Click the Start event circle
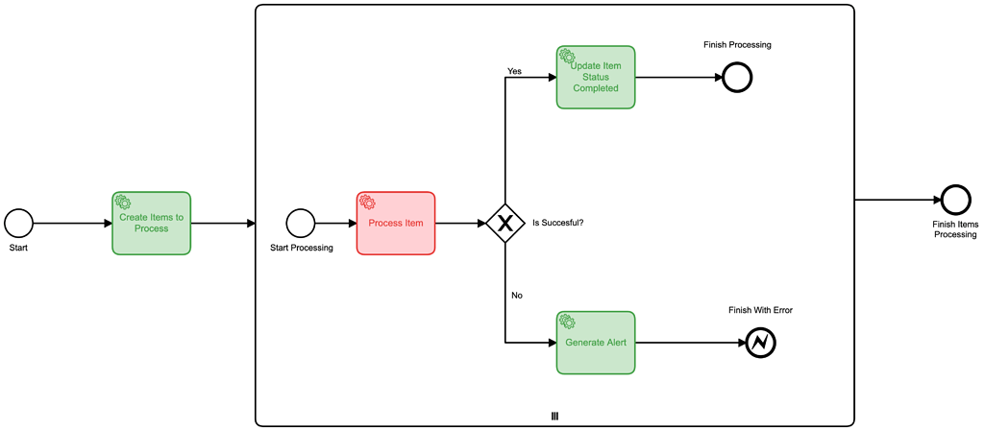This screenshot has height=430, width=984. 18,224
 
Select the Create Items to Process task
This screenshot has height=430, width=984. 151,224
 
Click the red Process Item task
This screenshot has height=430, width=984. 396,224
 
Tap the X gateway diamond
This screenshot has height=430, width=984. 504,224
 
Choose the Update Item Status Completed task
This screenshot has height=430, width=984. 596,78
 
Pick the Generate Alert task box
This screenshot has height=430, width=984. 596,343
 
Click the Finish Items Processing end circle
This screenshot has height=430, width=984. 955,200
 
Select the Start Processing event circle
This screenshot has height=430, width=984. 301,224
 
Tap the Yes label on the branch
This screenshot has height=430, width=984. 514,71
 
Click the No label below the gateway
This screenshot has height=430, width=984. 516,295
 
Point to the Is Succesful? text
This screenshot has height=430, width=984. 557,223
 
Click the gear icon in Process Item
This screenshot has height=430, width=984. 366,203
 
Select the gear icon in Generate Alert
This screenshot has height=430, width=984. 567,322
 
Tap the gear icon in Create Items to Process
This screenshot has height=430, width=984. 122,202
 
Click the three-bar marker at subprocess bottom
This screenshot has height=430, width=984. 554,416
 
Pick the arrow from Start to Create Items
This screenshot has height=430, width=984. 72,224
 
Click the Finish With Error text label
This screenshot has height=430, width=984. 760,310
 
